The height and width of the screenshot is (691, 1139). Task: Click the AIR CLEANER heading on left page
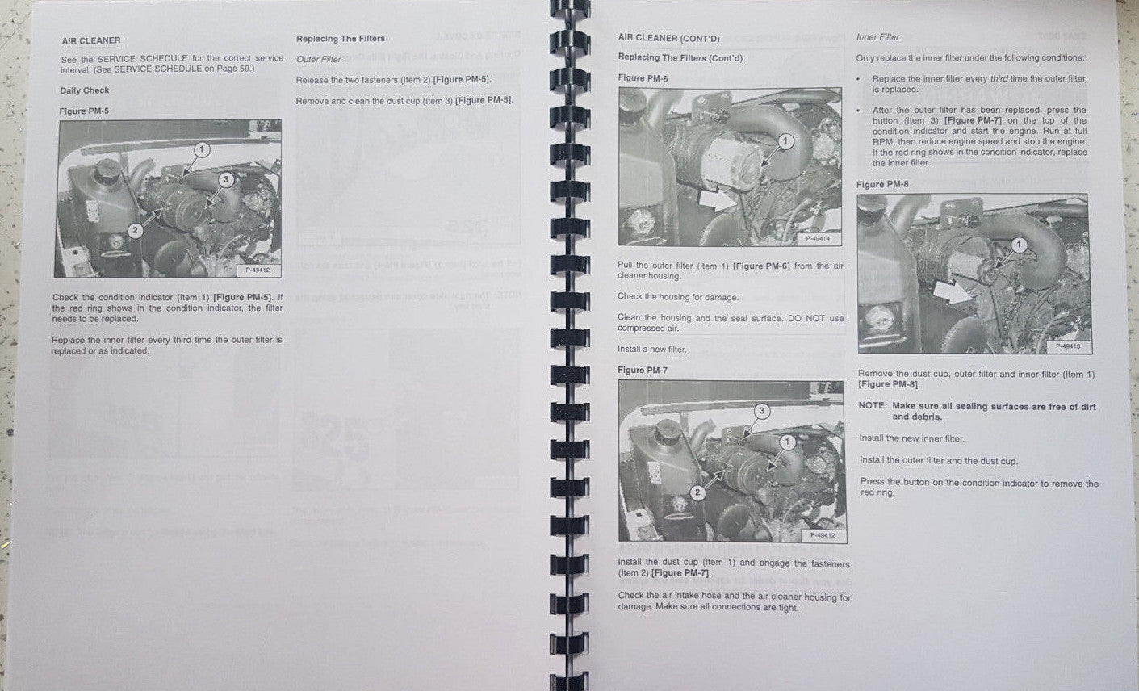pyautogui.click(x=91, y=40)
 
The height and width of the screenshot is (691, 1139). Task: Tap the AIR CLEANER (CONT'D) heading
pyautogui.click(x=668, y=38)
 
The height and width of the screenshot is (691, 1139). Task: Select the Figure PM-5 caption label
pyautogui.click(x=84, y=111)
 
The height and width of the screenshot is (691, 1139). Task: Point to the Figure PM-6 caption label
pyautogui.click(x=643, y=78)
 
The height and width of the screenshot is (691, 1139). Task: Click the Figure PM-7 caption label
pyautogui.click(x=643, y=370)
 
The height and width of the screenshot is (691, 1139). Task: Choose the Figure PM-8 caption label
pyautogui.click(x=882, y=184)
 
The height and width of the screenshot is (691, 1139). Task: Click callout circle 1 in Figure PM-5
pyautogui.click(x=201, y=149)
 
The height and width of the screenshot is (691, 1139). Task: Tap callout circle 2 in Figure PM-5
pyautogui.click(x=136, y=231)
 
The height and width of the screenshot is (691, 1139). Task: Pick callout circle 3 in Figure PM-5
pyautogui.click(x=226, y=179)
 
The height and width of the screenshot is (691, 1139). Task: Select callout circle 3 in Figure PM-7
pyautogui.click(x=761, y=411)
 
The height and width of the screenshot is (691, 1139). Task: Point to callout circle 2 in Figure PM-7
pyautogui.click(x=698, y=492)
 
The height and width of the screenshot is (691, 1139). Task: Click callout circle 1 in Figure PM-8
pyautogui.click(x=1019, y=244)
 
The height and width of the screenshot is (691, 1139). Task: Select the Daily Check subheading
pyautogui.click(x=85, y=90)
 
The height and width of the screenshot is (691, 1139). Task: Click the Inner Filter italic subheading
pyautogui.click(x=877, y=37)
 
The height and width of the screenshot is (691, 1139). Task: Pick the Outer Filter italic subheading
pyautogui.click(x=319, y=59)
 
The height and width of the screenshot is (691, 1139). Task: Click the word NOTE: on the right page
pyautogui.click(x=872, y=406)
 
